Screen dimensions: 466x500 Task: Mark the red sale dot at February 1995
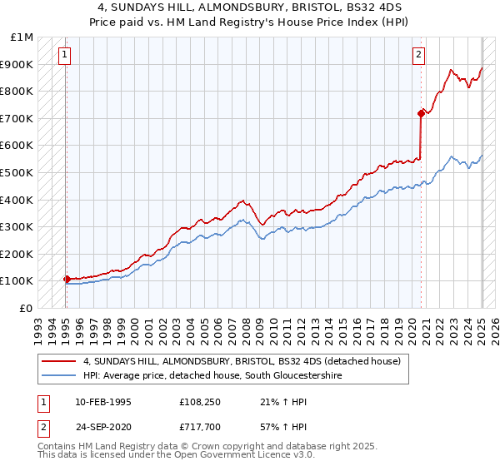67,279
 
